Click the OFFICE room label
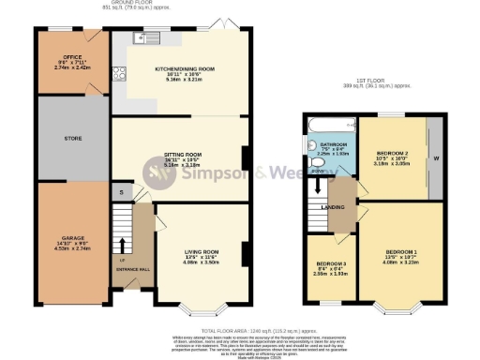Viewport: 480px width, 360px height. click(x=72, y=58)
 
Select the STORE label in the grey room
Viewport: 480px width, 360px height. click(x=73, y=138)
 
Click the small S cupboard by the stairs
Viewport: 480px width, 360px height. click(x=121, y=193)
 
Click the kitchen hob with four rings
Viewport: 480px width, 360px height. click(x=119, y=75)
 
